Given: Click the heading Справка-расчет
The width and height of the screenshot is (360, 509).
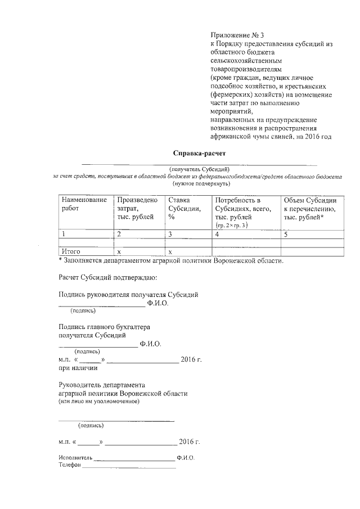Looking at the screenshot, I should (x=194, y=153).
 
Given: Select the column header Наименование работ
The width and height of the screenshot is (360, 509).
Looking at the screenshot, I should (x=84, y=205).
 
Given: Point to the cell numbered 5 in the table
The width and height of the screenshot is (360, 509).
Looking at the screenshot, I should (x=286, y=234).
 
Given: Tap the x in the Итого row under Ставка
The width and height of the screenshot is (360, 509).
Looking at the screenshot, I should (x=170, y=251).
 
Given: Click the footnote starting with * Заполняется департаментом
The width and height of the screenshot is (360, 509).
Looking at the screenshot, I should (x=171, y=260).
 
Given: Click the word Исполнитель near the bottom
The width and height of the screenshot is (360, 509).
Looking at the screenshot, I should (x=75, y=458).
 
